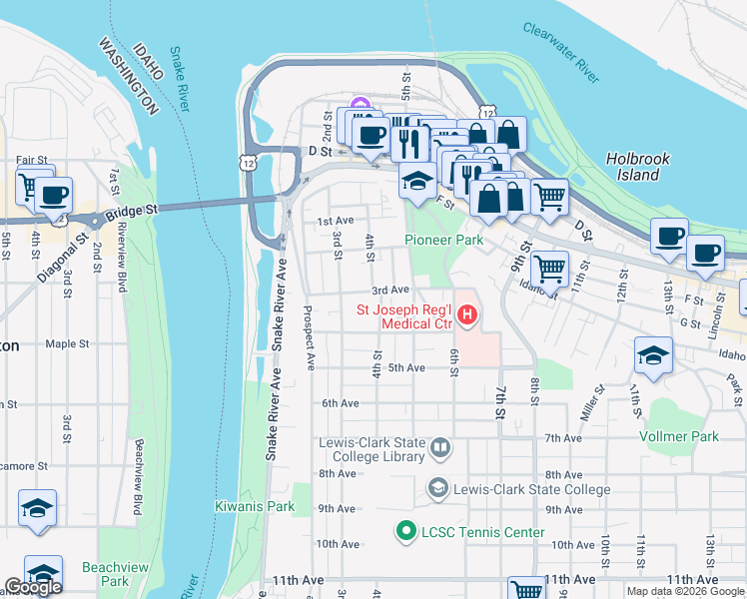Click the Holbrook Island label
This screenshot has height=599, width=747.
637,167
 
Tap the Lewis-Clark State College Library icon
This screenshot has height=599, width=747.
439,449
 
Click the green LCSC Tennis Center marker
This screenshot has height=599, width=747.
405,532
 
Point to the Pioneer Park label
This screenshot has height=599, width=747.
443,240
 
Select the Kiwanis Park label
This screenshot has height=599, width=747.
255,506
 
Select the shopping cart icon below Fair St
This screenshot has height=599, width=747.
30,186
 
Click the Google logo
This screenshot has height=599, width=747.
33,587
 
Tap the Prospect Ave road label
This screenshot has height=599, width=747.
310,333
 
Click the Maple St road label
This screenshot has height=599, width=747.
67,344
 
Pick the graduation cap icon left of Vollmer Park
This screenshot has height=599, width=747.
653,354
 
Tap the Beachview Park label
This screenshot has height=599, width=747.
115,574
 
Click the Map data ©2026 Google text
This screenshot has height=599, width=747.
684,591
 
